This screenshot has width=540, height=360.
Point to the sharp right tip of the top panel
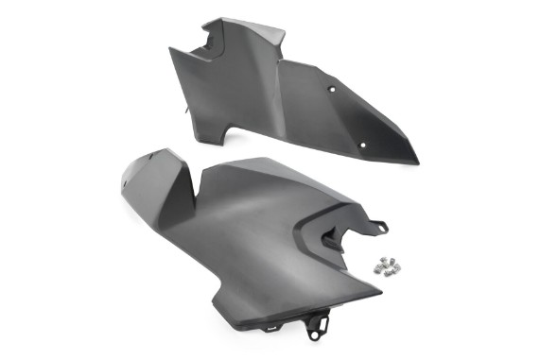(x=417, y=161)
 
